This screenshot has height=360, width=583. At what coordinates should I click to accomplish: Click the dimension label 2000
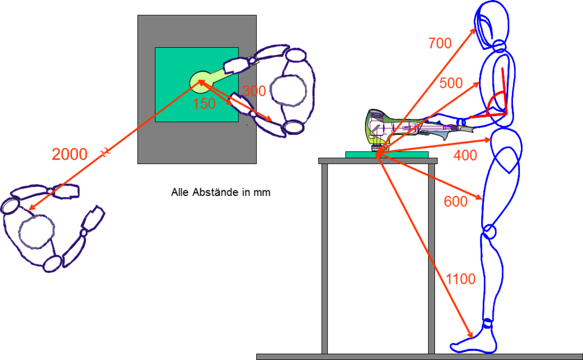point(69,154)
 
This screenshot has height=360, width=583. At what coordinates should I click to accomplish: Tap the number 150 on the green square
point(204,104)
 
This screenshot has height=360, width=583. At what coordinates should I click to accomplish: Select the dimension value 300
point(254,91)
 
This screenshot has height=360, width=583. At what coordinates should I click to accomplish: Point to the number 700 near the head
point(440,43)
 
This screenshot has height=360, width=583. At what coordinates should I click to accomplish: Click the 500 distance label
point(451,83)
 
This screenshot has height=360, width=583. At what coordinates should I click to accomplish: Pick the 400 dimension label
point(465,155)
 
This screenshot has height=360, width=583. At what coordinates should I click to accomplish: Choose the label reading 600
point(455,201)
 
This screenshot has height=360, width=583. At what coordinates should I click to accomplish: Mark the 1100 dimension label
point(461,280)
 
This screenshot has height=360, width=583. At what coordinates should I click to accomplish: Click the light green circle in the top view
point(201,82)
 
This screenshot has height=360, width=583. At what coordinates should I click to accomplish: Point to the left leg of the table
point(325,256)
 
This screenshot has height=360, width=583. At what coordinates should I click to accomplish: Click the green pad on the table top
point(387,154)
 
